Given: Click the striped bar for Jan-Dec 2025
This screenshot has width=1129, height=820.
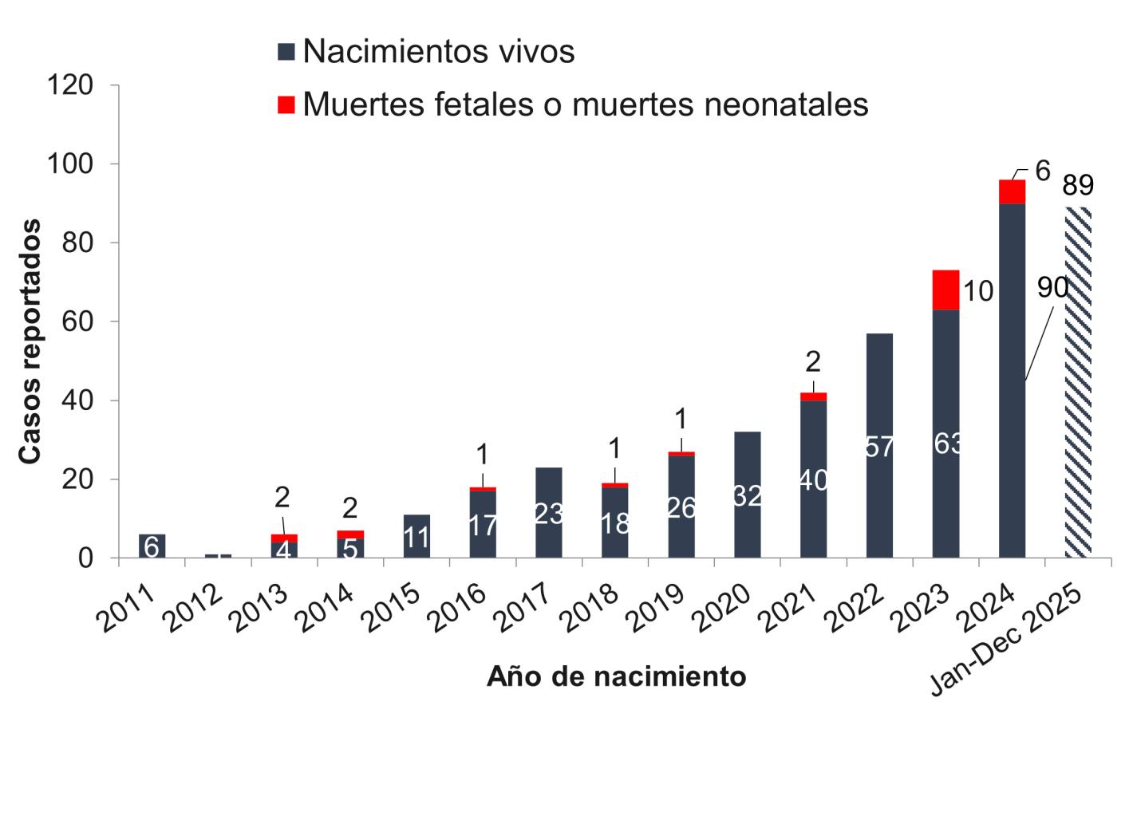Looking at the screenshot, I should click(x=1077, y=383).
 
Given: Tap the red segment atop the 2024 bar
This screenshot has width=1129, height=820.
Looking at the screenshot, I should click(x=1012, y=192).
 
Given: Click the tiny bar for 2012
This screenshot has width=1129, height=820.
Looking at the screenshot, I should click(x=217, y=555).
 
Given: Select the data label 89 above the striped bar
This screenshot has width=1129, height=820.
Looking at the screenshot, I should click(x=1077, y=186).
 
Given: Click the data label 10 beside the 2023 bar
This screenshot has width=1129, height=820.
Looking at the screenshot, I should click(x=977, y=292).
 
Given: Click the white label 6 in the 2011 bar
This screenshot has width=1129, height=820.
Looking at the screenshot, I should click(x=152, y=547).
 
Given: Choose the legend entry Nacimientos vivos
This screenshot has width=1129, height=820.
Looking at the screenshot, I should click(x=438, y=52).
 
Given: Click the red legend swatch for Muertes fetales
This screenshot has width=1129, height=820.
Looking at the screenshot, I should click(x=286, y=104).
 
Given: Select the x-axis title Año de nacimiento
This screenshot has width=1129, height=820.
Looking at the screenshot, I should click(x=616, y=676).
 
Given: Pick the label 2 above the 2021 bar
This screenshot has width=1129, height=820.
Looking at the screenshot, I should click(x=812, y=363).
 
